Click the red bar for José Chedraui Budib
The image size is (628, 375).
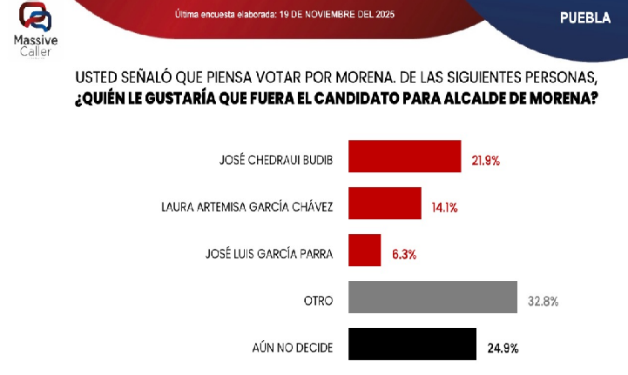404,157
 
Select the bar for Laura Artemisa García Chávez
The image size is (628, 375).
384,204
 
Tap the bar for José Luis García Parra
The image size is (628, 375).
364,251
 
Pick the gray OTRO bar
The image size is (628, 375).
433,298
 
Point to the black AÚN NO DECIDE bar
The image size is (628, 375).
412,344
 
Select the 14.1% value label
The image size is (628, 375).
444,208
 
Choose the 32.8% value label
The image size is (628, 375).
543,302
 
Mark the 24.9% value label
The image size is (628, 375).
502,349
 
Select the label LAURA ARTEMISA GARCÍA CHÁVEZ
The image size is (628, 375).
248,208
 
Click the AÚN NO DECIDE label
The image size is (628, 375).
292,349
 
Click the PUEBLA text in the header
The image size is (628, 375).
584,17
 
